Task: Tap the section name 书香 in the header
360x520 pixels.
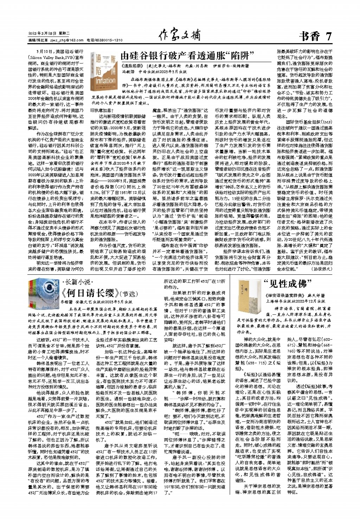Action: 310,36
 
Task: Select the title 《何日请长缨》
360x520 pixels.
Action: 90,293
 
